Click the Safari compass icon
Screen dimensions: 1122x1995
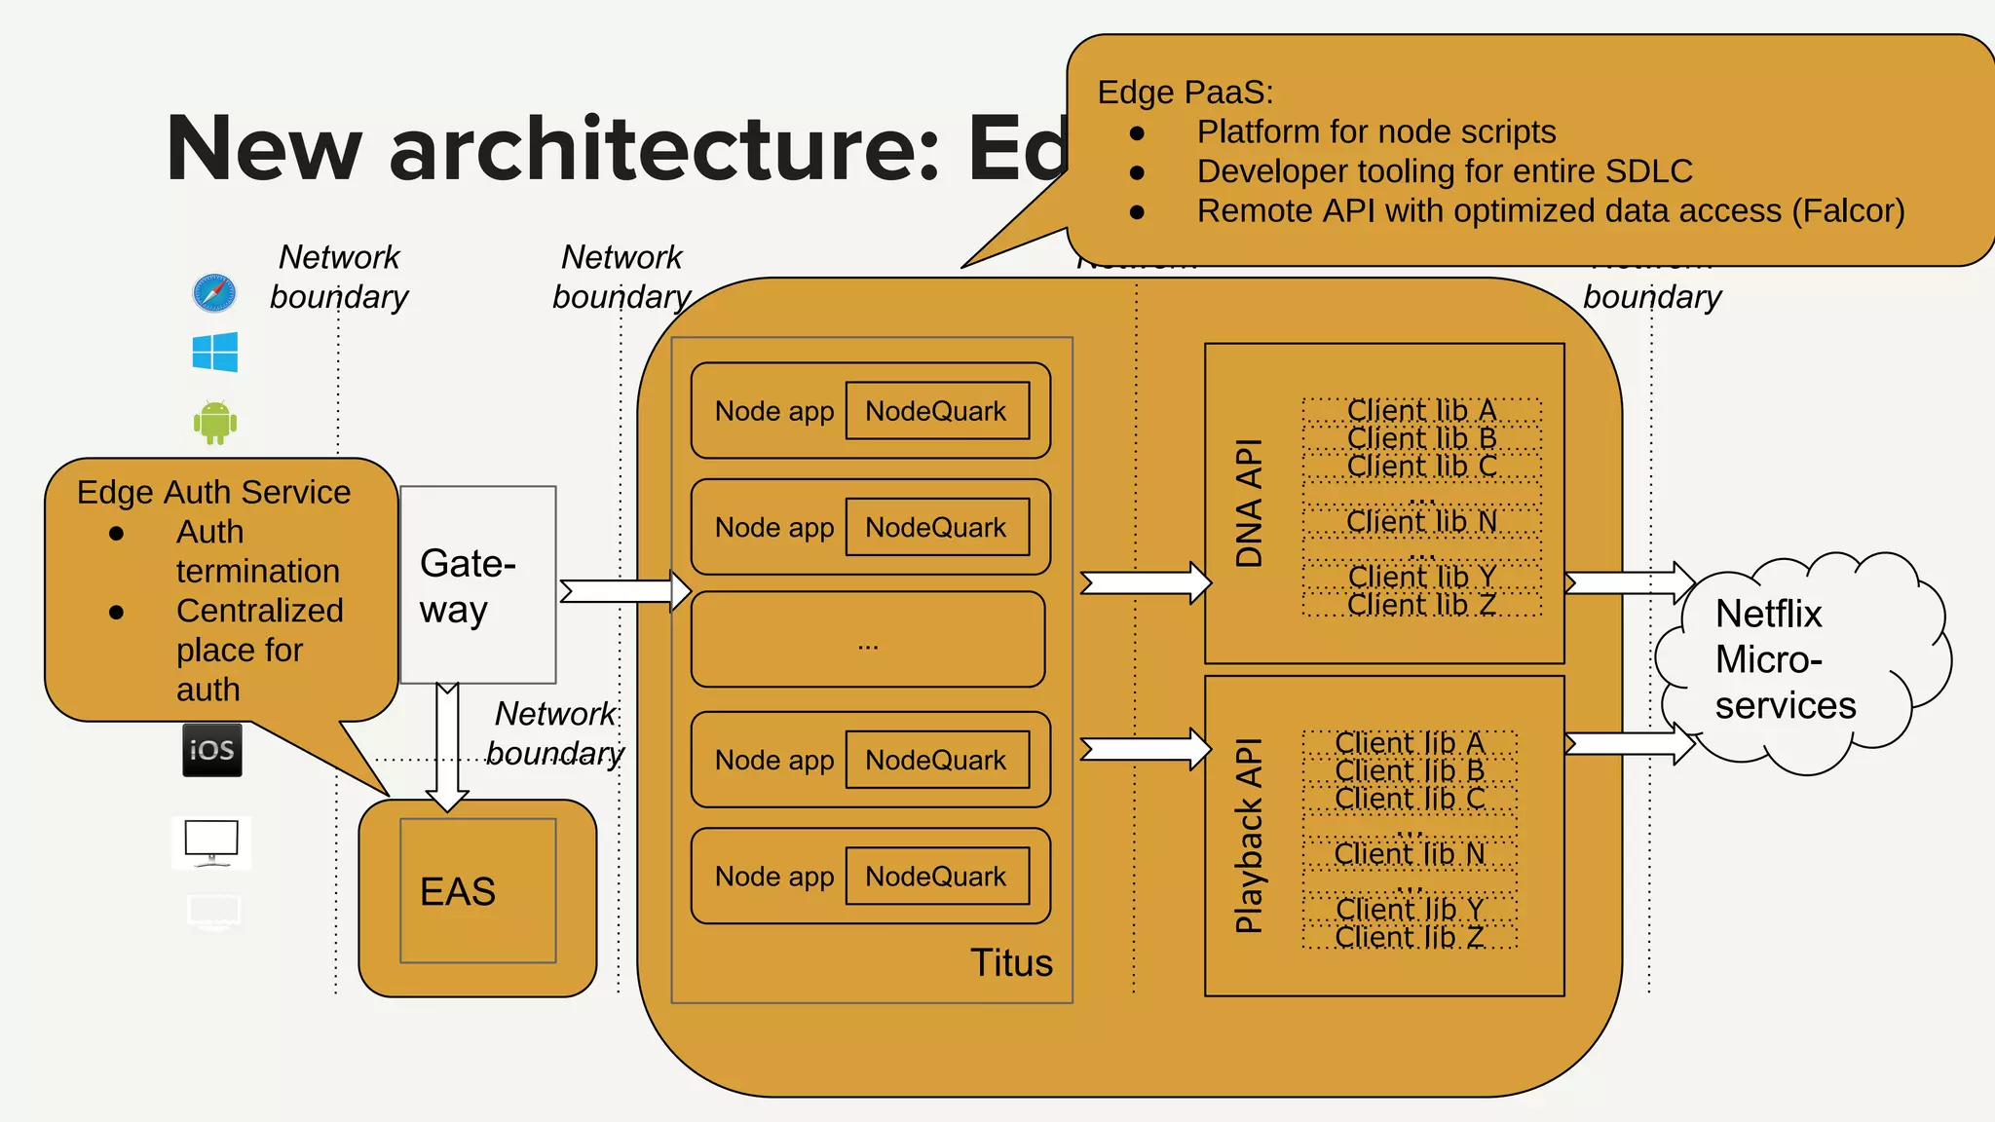pyautogui.click(x=214, y=292)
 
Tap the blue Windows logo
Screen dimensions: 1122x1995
pyautogui.click(x=215, y=352)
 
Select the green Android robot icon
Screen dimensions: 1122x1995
pyautogui.click(x=215, y=422)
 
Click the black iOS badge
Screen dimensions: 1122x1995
pyautogui.click(x=212, y=750)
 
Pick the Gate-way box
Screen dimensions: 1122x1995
pyautogui.click(x=477, y=584)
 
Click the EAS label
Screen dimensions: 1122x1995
pyautogui.click(x=457, y=891)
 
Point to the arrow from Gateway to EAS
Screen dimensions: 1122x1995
pyautogui.click(x=447, y=745)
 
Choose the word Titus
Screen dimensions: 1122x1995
pyautogui.click(x=1011, y=962)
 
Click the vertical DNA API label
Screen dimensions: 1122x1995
pyautogui.click(x=1249, y=503)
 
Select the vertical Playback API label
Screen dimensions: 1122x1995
pyautogui.click(x=1249, y=836)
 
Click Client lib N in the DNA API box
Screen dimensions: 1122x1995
pyautogui.click(x=1421, y=522)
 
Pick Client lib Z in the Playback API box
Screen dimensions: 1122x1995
pyautogui.click(x=1410, y=937)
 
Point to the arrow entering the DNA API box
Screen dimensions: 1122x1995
pyautogui.click(x=1146, y=582)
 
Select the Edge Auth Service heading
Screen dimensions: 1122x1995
pyautogui.click(x=213, y=492)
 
